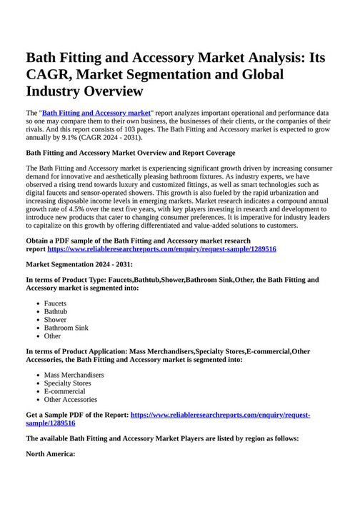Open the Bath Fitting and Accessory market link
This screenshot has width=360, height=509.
96,113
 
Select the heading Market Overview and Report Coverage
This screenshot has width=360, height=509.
131,153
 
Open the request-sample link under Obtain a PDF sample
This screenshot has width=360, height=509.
161,249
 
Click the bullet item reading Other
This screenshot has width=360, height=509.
53,336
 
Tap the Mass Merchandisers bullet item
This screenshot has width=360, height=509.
74,375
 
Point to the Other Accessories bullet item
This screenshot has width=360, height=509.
71,400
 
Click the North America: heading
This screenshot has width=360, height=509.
50,453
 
